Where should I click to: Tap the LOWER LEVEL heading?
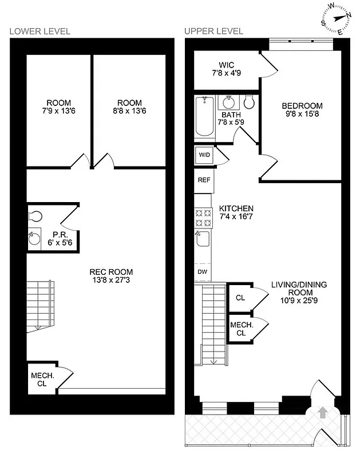[39, 31]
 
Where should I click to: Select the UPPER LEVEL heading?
[213, 31]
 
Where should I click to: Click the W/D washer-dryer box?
[204, 155]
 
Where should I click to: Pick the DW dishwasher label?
[203, 271]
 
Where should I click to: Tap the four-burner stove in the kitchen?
[203, 218]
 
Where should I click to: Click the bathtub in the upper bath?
[204, 117]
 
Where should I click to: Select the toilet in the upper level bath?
[249, 103]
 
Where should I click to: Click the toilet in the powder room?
[35, 216]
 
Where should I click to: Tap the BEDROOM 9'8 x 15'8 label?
[302, 110]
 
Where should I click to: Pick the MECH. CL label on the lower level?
[42, 380]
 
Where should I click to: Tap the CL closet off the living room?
[240, 298]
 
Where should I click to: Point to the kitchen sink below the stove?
[203, 240]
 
